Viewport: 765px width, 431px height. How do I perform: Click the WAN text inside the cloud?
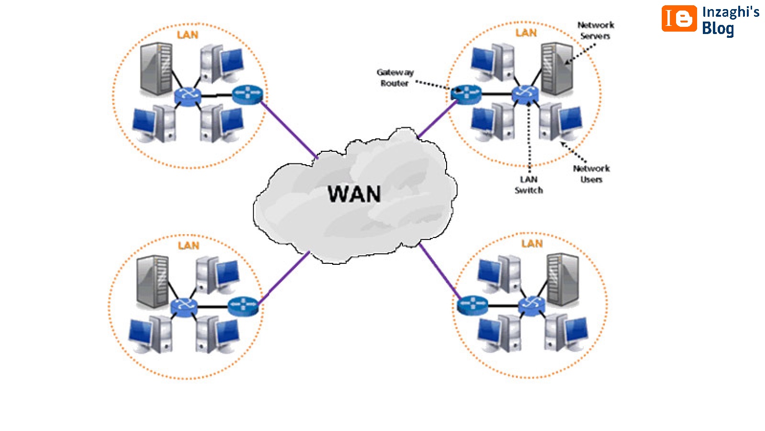click(354, 194)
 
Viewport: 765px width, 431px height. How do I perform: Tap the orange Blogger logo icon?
click(679, 19)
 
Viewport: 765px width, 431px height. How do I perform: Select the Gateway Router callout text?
click(395, 78)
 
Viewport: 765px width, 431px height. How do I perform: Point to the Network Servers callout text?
click(595, 30)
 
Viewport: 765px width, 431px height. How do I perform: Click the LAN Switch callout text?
click(529, 185)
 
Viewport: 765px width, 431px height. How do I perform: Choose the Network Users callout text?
click(591, 174)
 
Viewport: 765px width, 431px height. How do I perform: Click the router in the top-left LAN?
click(247, 94)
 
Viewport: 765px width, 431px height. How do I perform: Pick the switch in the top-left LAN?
click(187, 96)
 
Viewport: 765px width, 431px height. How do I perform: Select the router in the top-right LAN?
click(466, 92)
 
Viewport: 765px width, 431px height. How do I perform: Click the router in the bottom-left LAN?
click(243, 306)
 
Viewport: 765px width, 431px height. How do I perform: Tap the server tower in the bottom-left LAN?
click(152, 281)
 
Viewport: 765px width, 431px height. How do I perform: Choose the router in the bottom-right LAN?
click(472, 305)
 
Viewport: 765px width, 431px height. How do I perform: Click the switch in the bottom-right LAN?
click(532, 305)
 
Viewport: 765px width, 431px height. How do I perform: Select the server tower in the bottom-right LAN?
click(563, 279)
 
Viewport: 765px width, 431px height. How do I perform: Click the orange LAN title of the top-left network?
click(187, 35)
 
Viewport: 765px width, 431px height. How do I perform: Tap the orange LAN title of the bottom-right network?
click(532, 244)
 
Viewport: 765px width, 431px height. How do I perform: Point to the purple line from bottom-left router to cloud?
click(284, 278)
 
